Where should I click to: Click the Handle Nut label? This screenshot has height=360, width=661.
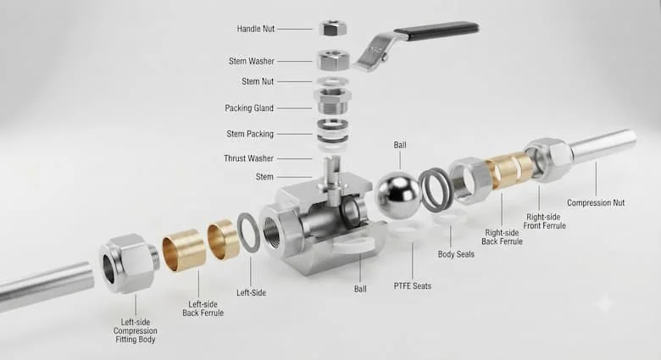click(x=255, y=29)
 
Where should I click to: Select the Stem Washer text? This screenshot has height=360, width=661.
click(x=251, y=61)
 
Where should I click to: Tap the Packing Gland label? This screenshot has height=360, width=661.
click(x=249, y=108)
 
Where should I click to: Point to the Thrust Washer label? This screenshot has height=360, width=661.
click(x=248, y=158)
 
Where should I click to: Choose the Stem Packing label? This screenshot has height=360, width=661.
click(x=250, y=134)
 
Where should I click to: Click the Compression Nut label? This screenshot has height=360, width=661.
click(x=596, y=202)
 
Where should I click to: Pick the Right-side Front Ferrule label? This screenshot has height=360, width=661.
click(x=544, y=221)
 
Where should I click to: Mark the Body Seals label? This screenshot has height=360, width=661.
click(x=456, y=254)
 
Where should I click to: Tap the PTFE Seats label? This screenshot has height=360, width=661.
click(x=413, y=285)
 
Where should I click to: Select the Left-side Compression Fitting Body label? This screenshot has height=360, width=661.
click(x=136, y=331)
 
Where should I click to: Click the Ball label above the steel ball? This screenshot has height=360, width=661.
click(x=400, y=145)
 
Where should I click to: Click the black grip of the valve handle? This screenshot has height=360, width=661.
click(x=436, y=31)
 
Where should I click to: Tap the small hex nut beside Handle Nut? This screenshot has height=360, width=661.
click(x=333, y=28)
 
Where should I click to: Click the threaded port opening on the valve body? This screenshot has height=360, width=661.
click(x=275, y=230)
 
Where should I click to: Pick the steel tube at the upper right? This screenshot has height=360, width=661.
click(x=603, y=146)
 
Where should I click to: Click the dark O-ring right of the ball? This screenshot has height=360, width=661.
click(x=436, y=190)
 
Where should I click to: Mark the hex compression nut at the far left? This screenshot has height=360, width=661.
click(x=129, y=263)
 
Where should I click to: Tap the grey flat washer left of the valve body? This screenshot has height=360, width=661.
click(x=248, y=233)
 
